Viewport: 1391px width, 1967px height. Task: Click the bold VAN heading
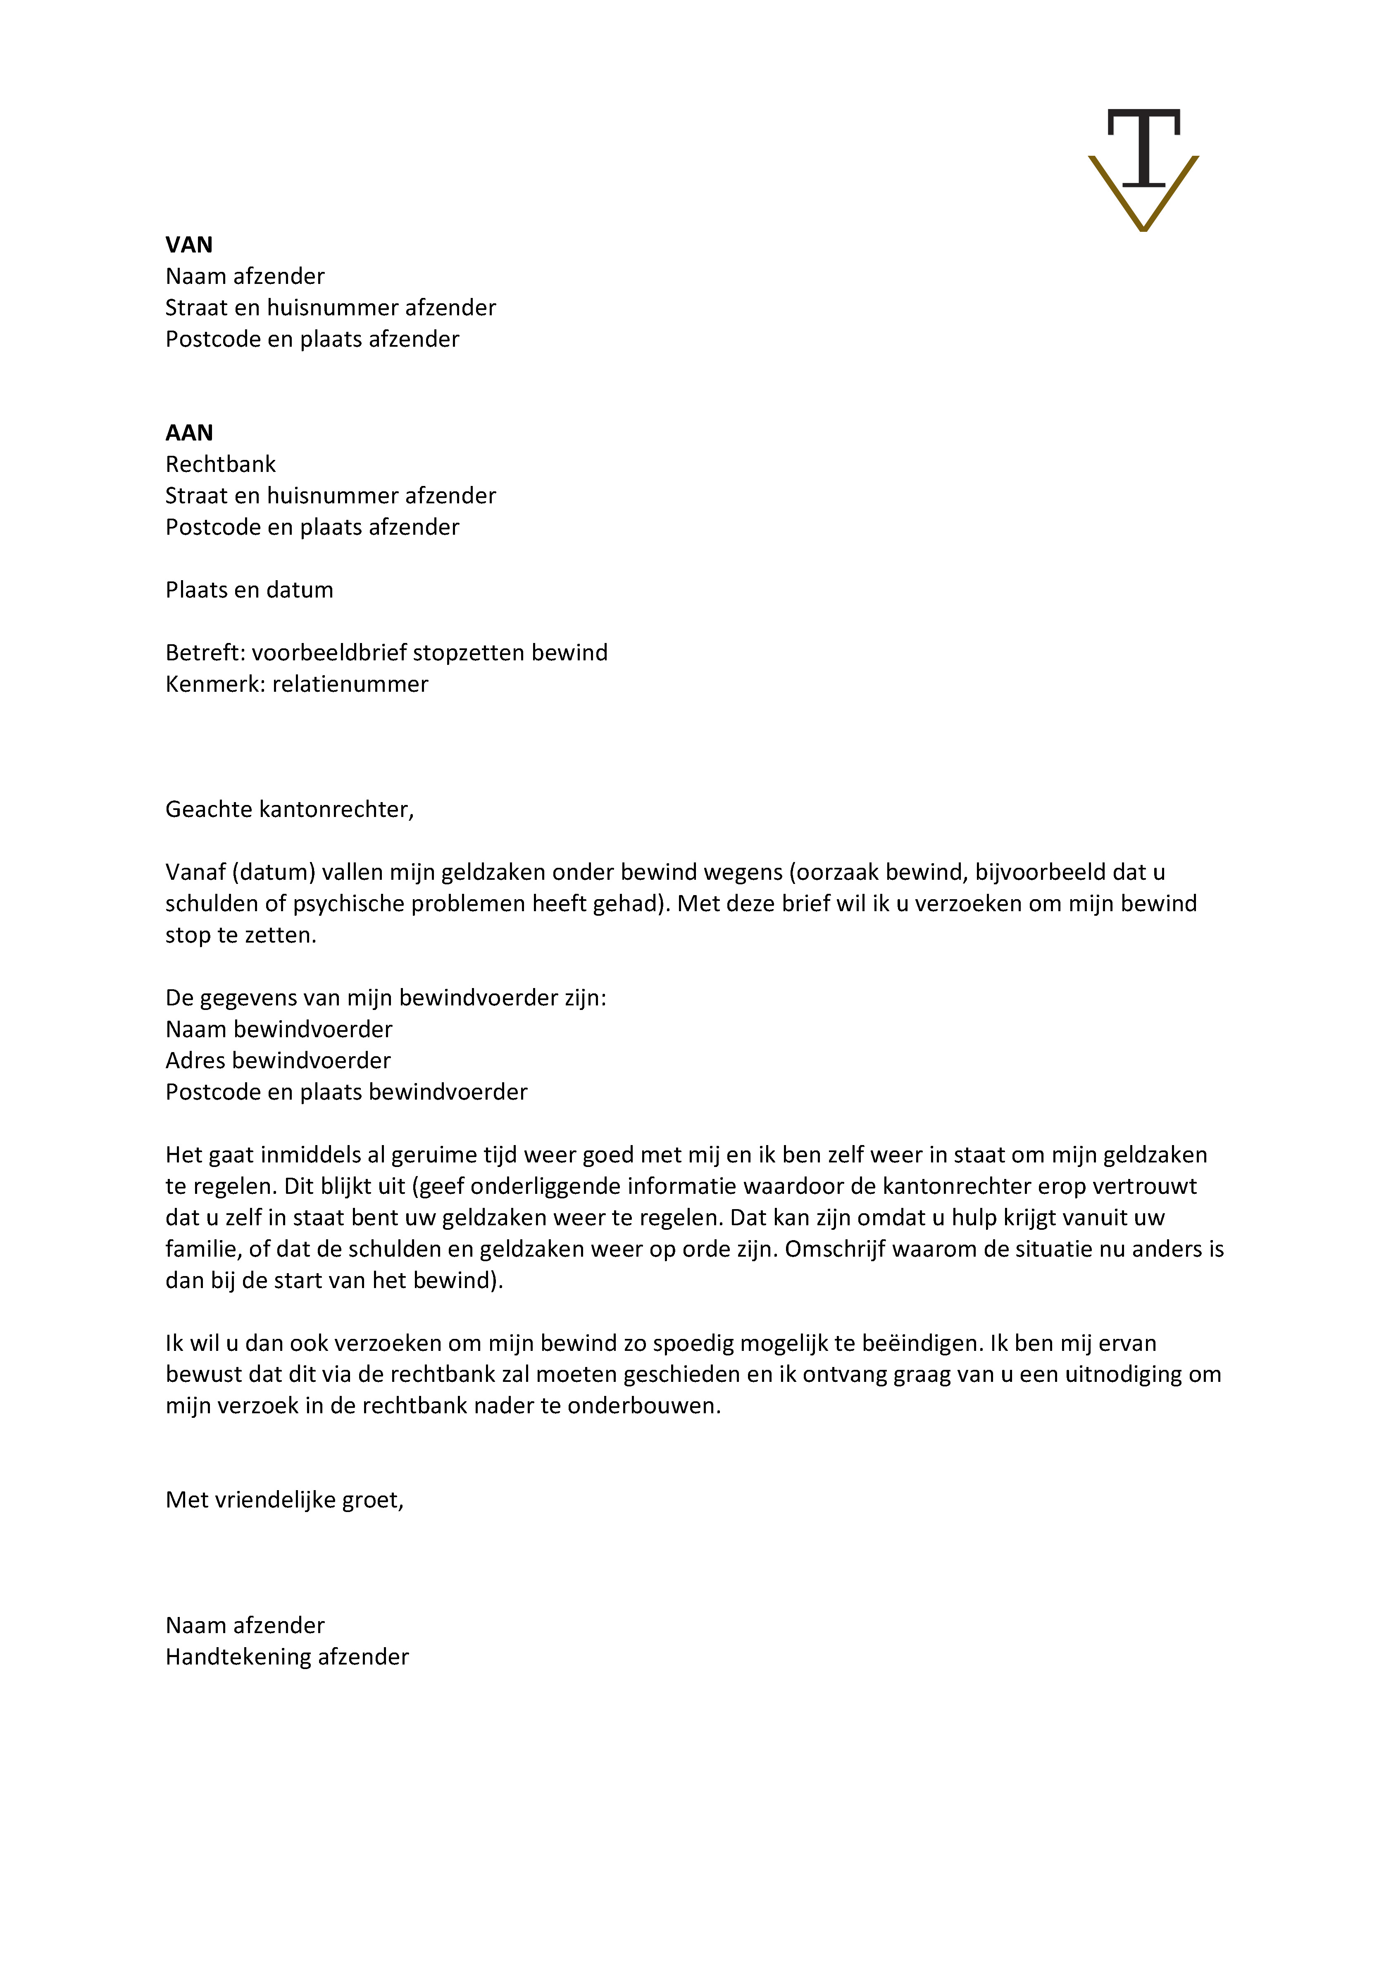point(188,245)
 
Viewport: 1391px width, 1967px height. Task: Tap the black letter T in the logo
point(1143,145)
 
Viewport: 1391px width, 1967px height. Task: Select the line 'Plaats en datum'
point(249,590)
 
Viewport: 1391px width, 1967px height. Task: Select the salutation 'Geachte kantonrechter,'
point(290,810)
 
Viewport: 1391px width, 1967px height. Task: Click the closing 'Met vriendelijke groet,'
point(284,1500)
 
